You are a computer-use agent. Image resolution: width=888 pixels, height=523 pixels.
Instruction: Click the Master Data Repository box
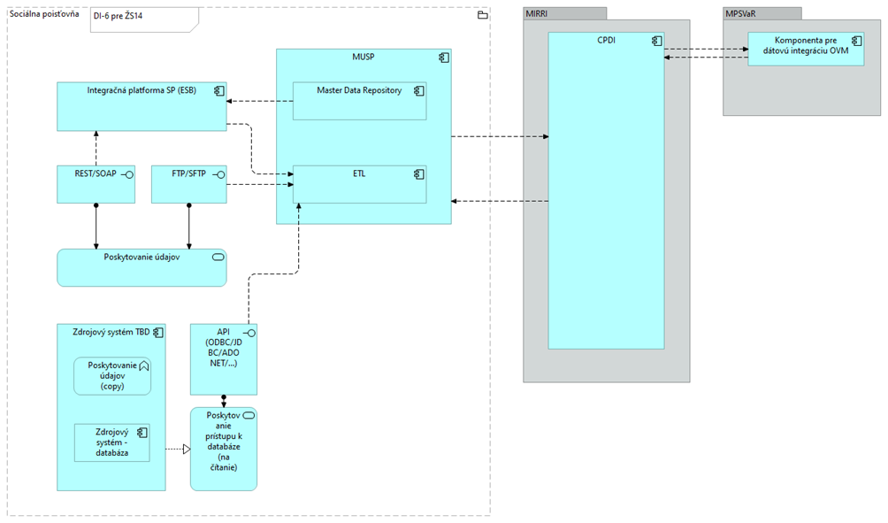point(359,102)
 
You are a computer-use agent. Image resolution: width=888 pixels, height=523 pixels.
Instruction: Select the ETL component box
point(359,185)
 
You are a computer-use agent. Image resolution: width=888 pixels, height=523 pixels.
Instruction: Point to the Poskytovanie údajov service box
point(142,267)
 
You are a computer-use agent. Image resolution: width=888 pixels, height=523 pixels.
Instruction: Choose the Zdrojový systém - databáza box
point(111,442)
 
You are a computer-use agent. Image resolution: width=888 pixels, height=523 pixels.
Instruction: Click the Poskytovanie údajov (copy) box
point(111,375)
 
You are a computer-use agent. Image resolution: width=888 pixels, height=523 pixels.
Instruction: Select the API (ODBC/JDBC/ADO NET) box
point(224,359)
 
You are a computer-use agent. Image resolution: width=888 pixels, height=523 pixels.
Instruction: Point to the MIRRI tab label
point(537,13)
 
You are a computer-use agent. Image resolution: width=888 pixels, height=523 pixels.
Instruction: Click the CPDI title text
point(606,41)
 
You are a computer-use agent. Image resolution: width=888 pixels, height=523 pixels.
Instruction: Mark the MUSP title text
point(363,58)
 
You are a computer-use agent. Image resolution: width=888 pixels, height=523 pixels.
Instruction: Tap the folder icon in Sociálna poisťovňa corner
point(482,15)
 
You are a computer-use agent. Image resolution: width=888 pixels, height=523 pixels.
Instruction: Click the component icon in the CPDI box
point(656,41)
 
